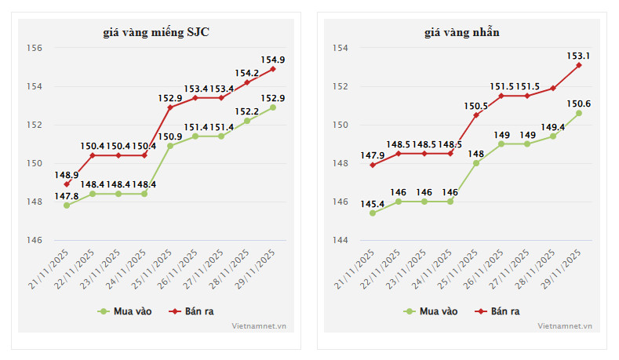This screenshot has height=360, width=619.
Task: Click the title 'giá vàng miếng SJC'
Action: (156, 32)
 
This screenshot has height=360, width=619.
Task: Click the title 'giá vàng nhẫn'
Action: (462, 32)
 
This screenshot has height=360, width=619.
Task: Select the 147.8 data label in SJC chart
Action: (66, 196)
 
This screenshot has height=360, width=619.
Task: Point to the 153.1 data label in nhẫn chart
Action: (579, 56)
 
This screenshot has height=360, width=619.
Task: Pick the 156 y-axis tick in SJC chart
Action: (35, 48)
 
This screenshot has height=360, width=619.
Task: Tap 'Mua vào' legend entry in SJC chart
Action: (123, 311)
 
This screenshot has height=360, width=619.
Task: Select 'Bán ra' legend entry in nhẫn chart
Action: (497, 311)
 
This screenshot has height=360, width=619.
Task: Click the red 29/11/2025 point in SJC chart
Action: (273, 69)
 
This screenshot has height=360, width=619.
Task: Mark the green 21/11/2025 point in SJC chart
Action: (67, 205)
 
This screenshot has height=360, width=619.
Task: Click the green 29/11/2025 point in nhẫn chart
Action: (579, 113)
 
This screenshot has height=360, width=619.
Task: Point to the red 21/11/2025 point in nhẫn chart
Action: (373, 165)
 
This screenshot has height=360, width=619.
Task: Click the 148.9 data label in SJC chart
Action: (66, 174)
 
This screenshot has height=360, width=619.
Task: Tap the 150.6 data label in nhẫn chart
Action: (579, 104)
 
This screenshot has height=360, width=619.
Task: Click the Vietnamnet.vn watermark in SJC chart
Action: (259, 325)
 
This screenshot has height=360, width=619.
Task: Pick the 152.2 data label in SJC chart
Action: (247, 111)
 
